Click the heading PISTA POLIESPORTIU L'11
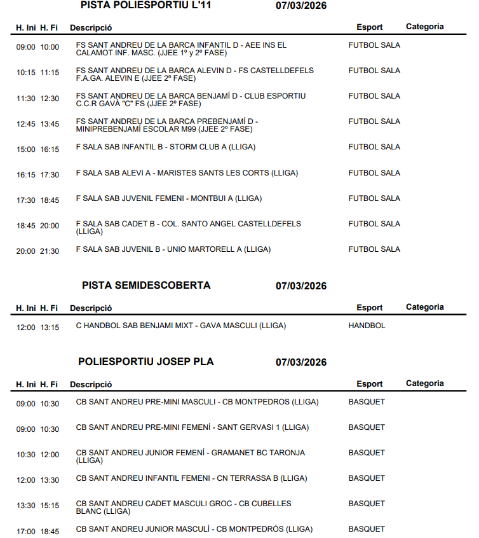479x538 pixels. coord(146,6)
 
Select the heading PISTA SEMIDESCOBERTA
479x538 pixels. coord(146,286)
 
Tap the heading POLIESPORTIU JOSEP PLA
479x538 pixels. coord(146,362)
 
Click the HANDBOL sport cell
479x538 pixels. coord(367,326)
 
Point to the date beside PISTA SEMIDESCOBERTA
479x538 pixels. coord(301,286)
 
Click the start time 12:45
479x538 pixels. coord(26,124)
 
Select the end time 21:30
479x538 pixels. coord(50,251)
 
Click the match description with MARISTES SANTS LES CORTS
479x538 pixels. coord(187,173)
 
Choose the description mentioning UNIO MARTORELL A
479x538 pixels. coord(173,249)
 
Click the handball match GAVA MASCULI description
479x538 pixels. coord(180,326)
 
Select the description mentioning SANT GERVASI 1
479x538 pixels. coord(192,427)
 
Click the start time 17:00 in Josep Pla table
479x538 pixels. coord(26,531)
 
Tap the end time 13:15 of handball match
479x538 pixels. coord(50,328)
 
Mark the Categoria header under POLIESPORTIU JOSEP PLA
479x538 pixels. coord(424,383)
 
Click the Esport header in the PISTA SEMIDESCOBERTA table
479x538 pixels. coord(369,308)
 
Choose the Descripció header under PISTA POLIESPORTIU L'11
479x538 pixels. coord(91,28)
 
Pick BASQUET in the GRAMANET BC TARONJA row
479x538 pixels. coord(367,453)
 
